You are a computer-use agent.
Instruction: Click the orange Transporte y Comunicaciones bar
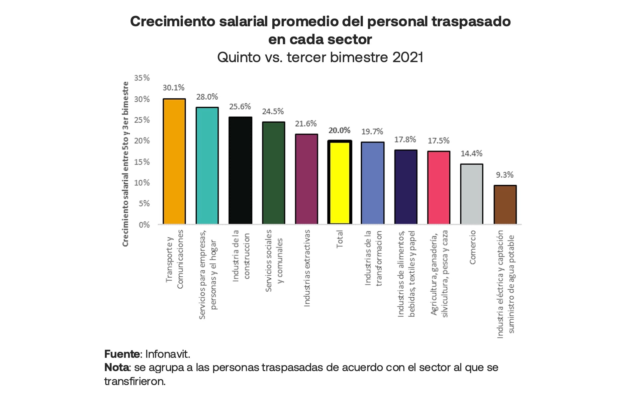(174, 161)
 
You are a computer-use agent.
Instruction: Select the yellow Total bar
(339, 182)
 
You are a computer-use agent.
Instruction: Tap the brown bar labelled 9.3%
(505, 205)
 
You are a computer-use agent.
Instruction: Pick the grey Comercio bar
(472, 194)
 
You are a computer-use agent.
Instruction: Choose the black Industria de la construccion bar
(240, 170)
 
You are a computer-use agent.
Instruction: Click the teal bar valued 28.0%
(207, 165)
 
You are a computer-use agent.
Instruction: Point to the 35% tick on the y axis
(142, 78)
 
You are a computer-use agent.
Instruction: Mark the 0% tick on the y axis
(144, 225)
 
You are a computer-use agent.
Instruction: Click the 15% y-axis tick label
(142, 162)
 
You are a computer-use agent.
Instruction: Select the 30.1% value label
(173, 88)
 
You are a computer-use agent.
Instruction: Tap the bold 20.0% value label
(339, 130)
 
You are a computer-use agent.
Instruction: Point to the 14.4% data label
(471, 153)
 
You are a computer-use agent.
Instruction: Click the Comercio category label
(473, 248)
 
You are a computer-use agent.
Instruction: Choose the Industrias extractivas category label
(307, 268)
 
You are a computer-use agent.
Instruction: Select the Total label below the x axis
(339, 239)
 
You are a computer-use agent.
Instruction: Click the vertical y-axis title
(126, 164)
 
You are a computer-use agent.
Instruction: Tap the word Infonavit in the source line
(167, 354)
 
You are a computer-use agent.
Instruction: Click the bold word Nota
(117, 367)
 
